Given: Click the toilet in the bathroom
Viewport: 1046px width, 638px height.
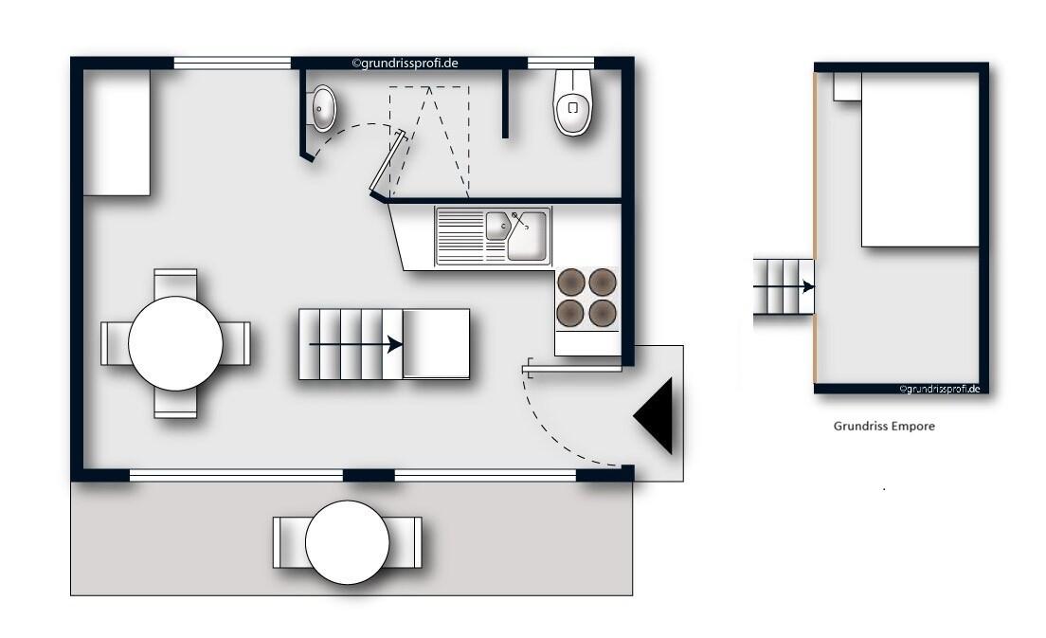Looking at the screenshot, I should click(574, 104).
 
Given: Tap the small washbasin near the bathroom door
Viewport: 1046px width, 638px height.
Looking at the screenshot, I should click(323, 108).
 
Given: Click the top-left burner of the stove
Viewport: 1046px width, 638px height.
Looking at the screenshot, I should click(571, 282).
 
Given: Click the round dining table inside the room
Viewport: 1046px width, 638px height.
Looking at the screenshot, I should click(176, 343).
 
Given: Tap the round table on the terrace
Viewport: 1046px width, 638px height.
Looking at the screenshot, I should click(347, 541).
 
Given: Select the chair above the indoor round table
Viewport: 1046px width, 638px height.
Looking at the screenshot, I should click(176, 283).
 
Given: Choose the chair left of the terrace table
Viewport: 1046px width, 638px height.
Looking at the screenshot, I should click(288, 541).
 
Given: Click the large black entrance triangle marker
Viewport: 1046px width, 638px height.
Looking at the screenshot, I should click(658, 415).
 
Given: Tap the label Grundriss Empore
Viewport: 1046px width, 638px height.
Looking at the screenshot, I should click(884, 427).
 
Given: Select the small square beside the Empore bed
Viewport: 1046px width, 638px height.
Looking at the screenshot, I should click(846, 86).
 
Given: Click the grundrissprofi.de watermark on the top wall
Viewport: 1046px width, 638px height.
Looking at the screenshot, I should click(406, 64).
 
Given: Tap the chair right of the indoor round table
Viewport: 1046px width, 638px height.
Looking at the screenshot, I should click(236, 343).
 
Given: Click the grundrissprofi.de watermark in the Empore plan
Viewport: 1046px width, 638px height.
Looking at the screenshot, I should click(938, 389).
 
